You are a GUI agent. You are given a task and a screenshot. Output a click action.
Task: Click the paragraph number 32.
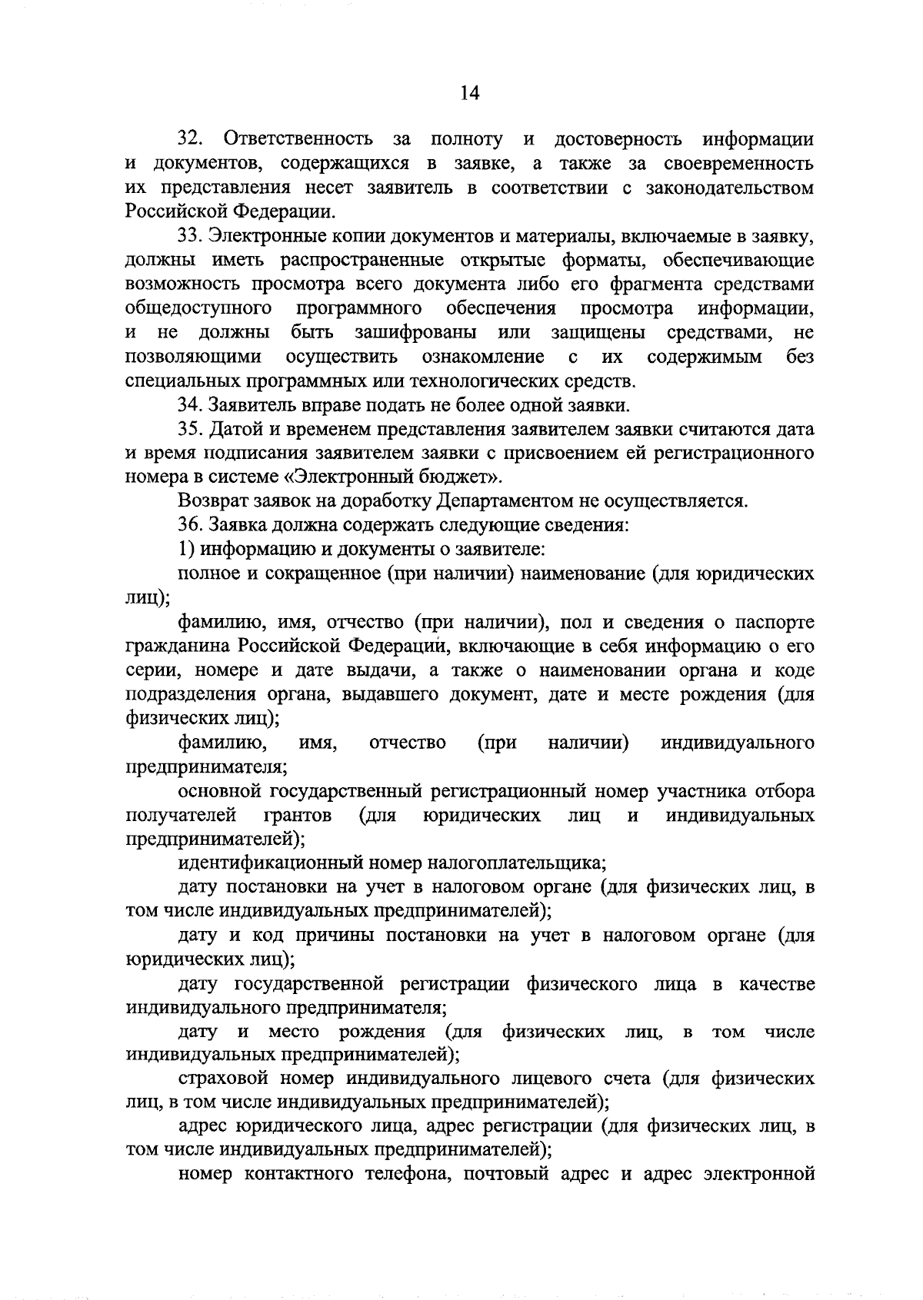coord(190,139)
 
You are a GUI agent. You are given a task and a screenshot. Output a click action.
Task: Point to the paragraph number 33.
coord(190,236)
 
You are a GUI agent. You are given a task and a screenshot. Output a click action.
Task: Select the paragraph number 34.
coord(190,405)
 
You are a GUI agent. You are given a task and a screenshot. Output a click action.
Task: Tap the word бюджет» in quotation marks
coord(466,477)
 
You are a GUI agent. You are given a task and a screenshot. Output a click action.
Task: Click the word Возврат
coord(212,502)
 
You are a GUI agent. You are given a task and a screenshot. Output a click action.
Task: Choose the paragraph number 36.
coord(190,526)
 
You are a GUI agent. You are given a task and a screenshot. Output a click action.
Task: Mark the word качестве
coord(776,982)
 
